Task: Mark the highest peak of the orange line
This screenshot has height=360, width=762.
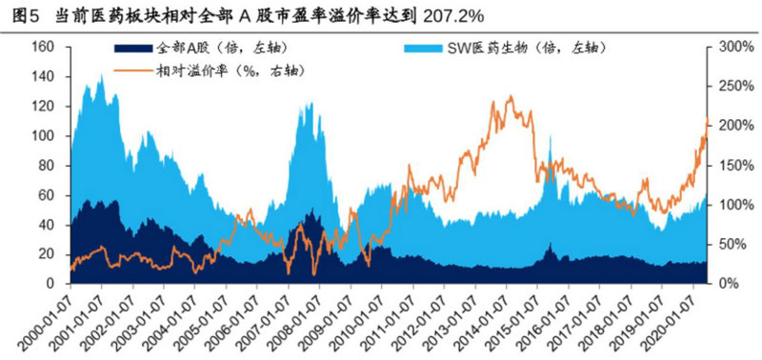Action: pos(511,96)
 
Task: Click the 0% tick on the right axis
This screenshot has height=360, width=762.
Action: pos(727,284)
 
